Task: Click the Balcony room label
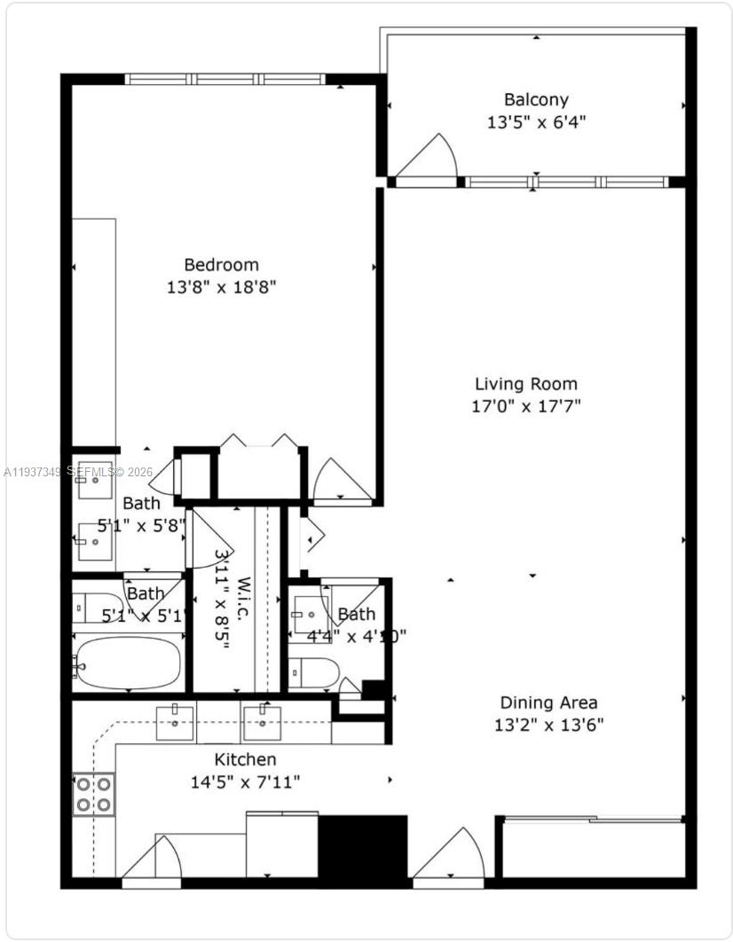pyautogui.click(x=536, y=99)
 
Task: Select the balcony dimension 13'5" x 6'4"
pyautogui.click(x=536, y=122)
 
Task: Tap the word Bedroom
pyautogui.click(x=221, y=264)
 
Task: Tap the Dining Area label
pyautogui.click(x=548, y=703)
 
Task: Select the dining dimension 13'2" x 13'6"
pyautogui.click(x=548, y=726)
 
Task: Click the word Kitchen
pyautogui.click(x=245, y=759)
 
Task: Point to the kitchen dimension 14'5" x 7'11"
pyautogui.click(x=245, y=782)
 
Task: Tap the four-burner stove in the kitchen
pyautogui.click(x=93, y=794)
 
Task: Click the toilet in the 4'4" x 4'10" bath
pyautogui.click(x=314, y=672)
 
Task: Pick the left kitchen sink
pyautogui.click(x=176, y=723)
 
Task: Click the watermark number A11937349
pyautogui.click(x=32, y=473)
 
